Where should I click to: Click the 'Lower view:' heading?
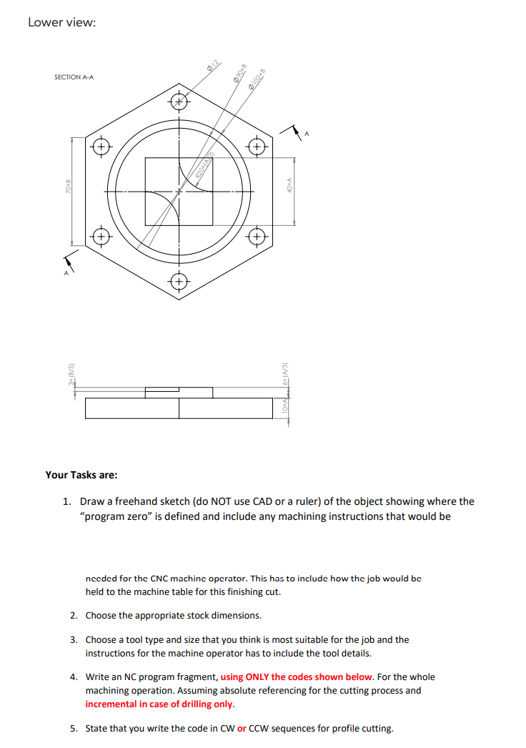click(61, 22)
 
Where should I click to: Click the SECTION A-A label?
click(74, 77)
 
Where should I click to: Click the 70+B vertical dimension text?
click(67, 190)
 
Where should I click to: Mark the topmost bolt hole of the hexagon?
click(179, 102)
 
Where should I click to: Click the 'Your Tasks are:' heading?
click(81, 475)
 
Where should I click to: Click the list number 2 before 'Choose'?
click(74, 615)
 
